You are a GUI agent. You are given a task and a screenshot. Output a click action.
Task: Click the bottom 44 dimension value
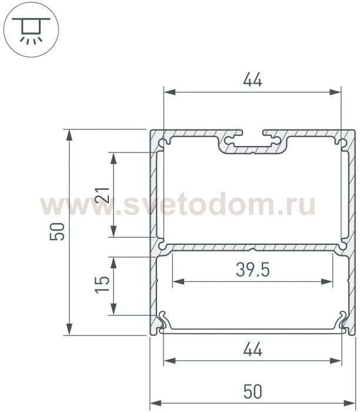252,349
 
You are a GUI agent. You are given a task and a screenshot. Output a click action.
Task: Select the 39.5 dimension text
252,270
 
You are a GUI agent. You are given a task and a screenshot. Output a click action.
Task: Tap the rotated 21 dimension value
102,195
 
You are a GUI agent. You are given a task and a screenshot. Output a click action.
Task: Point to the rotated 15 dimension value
102,284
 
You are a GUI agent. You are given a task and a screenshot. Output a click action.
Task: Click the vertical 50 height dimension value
57,231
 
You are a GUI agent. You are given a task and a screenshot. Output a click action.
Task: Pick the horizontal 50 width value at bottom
252,391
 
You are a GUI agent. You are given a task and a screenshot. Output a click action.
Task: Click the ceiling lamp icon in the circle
31,30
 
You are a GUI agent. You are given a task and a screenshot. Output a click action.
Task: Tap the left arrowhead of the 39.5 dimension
178,282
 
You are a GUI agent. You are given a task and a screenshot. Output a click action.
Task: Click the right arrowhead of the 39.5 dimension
327,282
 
